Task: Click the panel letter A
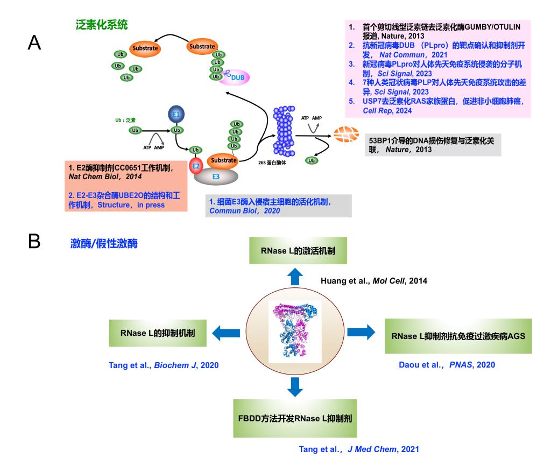(34, 44)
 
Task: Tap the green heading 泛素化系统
(102, 25)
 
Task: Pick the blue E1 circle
(175, 114)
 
